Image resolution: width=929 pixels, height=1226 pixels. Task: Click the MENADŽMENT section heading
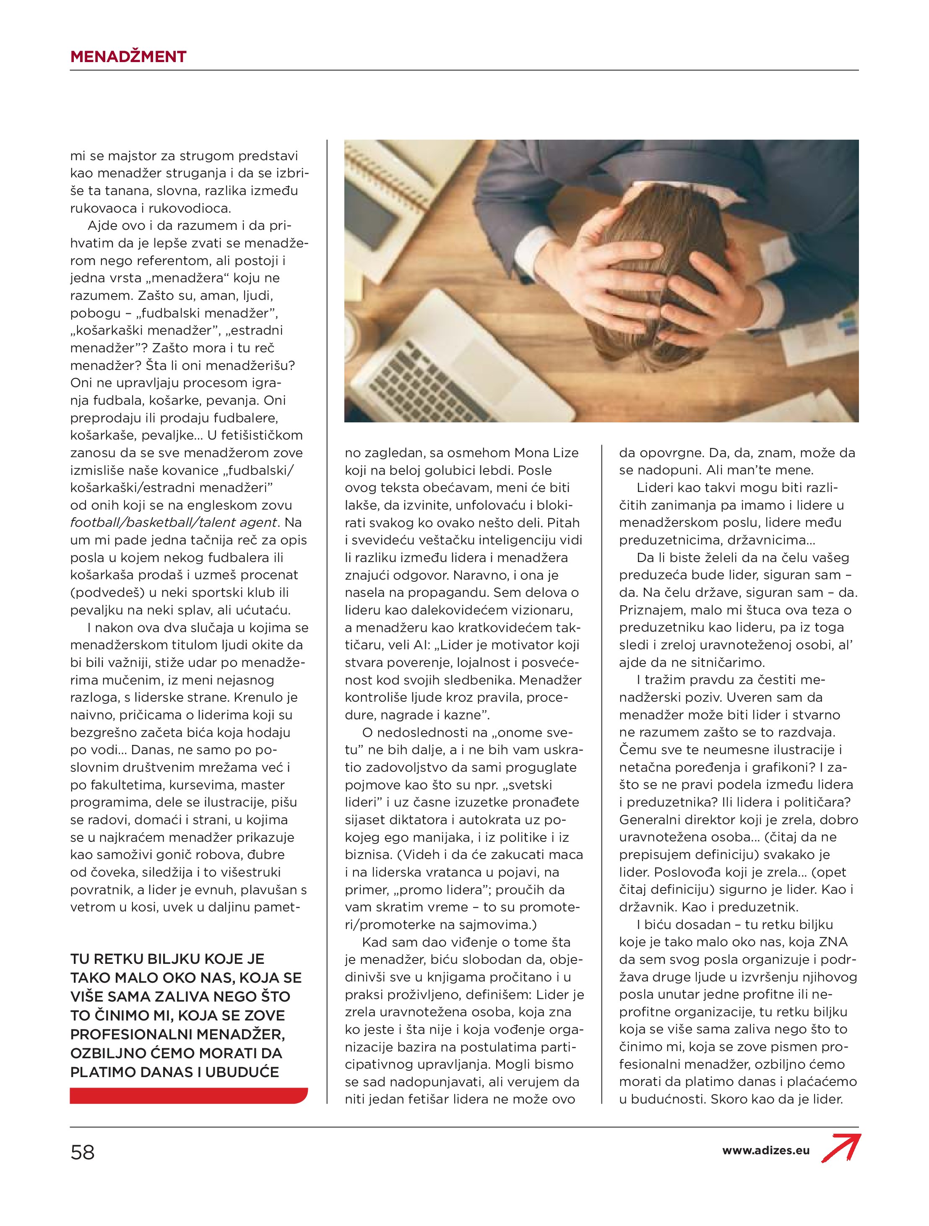(x=128, y=57)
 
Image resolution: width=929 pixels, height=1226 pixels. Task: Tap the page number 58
(x=83, y=1153)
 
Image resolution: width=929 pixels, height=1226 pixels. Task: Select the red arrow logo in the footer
(x=841, y=1148)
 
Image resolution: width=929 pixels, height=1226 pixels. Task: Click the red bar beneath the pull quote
(x=188, y=1096)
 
